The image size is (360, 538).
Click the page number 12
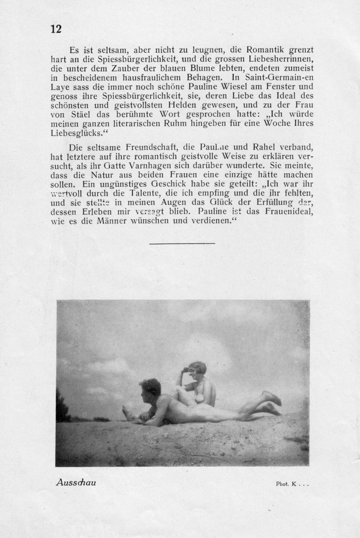56,29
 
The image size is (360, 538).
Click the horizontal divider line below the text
182,243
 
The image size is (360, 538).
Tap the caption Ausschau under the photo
76,482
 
